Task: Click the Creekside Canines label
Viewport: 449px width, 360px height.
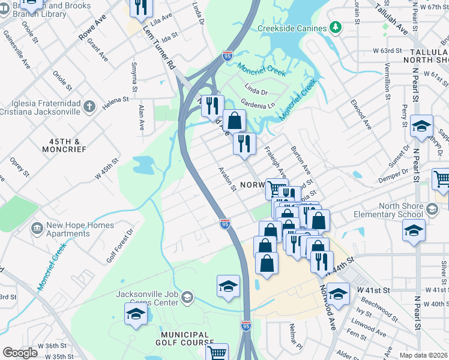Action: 292,28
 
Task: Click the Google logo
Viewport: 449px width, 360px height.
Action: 20,353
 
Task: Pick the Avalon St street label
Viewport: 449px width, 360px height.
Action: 228,179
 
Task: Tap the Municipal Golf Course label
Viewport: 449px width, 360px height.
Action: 184,339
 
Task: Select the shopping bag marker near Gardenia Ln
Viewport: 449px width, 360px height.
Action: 234,121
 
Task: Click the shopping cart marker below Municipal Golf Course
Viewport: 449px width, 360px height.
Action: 217,353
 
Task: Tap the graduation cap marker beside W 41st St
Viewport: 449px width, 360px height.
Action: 338,293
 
